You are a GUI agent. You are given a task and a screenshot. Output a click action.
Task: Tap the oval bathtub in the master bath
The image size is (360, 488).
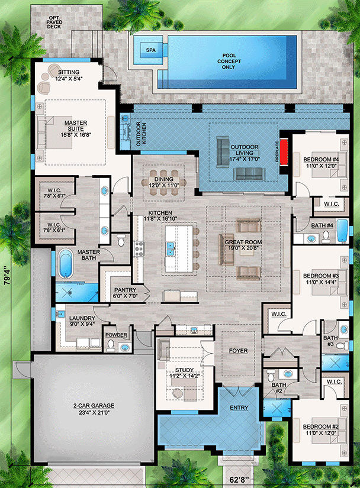65,261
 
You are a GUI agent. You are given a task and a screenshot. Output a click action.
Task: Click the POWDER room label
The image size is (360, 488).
117,336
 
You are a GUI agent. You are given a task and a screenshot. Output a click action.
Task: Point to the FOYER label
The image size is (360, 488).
238,351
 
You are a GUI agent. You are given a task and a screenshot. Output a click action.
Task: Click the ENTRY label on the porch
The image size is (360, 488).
239,408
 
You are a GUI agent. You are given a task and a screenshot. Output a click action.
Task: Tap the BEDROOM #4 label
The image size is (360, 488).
321,163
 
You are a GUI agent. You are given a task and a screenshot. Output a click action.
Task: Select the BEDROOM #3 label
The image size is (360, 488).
321,279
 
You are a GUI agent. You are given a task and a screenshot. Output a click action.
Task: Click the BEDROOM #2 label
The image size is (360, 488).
320,429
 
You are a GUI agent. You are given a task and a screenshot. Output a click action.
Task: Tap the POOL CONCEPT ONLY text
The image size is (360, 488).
226,58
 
